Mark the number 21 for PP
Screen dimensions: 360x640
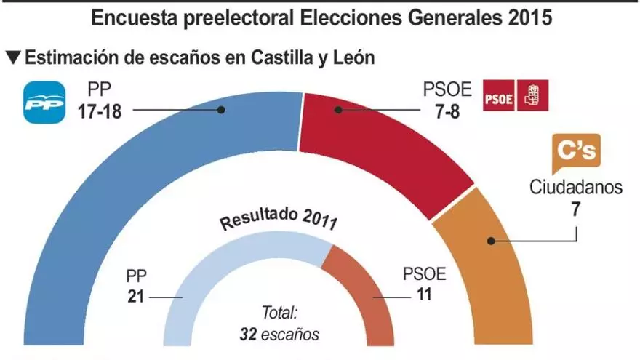click(x=137, y=296)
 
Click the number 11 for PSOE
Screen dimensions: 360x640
click(x=421, y=296)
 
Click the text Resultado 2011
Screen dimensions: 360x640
click(x=279, y=218)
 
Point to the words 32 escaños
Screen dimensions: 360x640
click(x=279, y=335)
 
